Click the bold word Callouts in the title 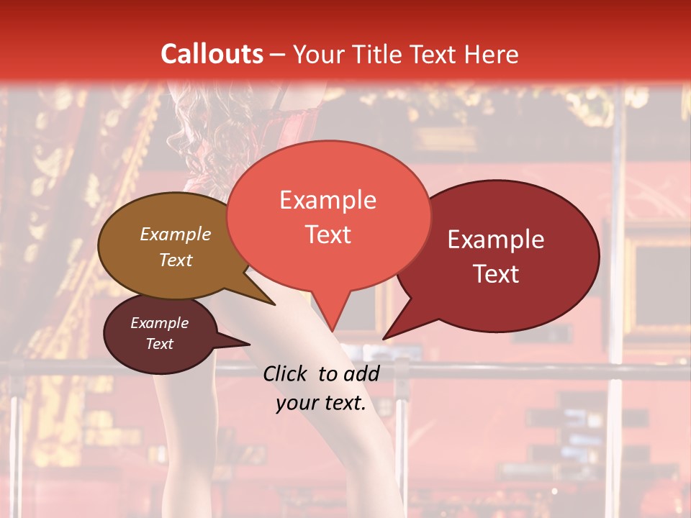(x=212, y=54)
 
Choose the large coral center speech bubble (x=328, y=216)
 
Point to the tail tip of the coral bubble (x=333, y=331)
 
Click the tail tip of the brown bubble (x=274, y=304)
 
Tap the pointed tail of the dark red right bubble (x=384, y=338)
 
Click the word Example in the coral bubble (x=328, y=199)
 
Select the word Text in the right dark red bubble (x=496, y=274)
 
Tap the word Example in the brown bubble (x=176, y=234)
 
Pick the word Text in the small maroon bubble (x=160, y=344)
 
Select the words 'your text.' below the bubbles (x=321, y=403)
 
